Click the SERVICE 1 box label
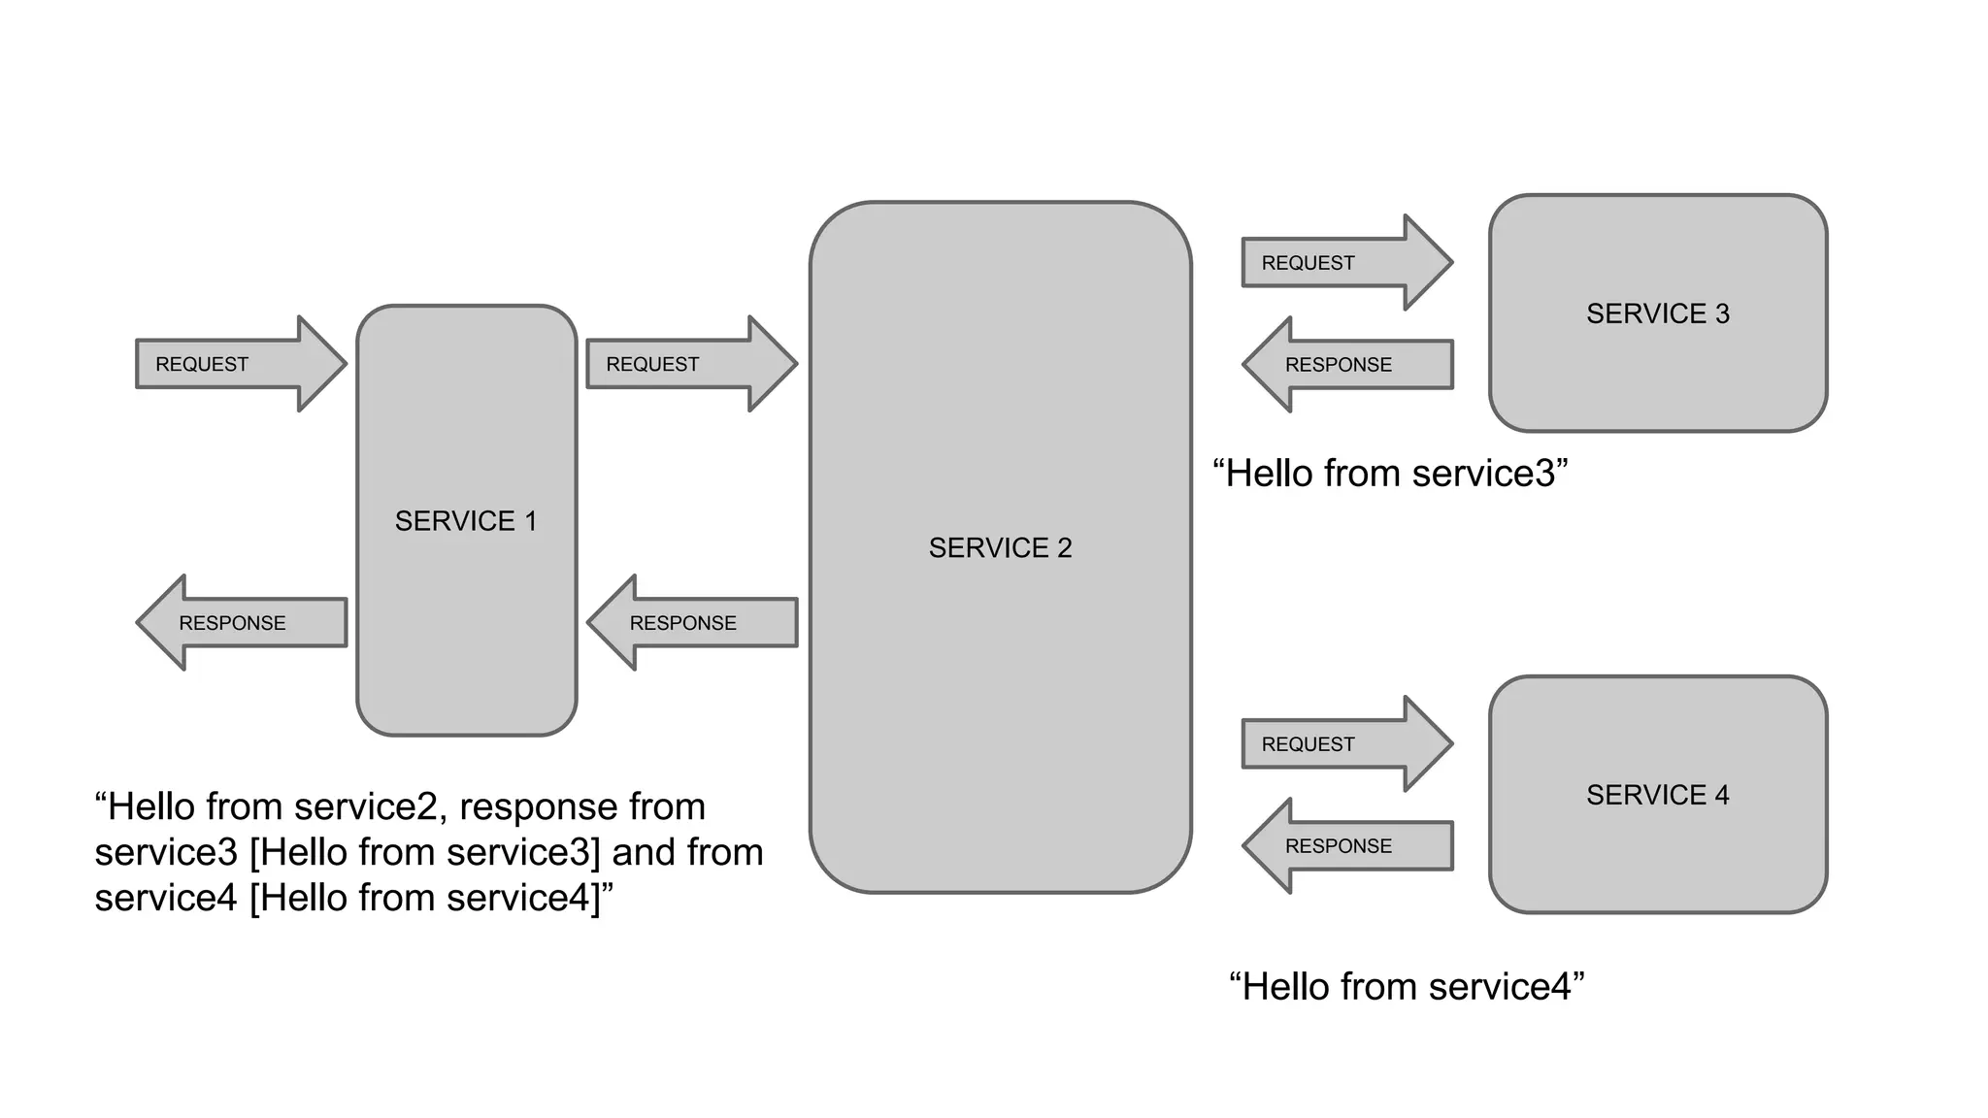coord(465,521)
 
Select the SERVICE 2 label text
coord(1000,548)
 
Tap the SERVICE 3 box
coord(1658,313)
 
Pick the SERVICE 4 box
coord(1658,795)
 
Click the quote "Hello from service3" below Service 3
coord(1390,474)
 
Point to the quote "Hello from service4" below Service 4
coord(1407,987)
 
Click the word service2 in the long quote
coord(365,807)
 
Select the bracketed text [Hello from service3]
coord(425,852)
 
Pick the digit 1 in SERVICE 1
coord(531,521)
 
